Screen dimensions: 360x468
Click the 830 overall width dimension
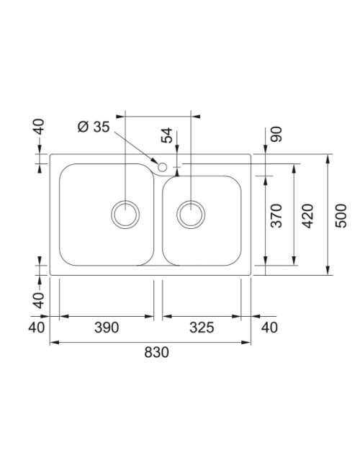pyautogui.click(x=156, y=352)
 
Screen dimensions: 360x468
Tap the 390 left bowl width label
pyautogui.click(x=107, y=328)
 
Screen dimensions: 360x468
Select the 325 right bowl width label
pyautogui.click(x=202, y=328)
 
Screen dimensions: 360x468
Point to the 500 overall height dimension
pyautogui.click(x=341, y=216)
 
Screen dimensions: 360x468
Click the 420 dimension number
pyautogui.click(x=307, y=216)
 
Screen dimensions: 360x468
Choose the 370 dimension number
pyautogui.click(x=276, y=216)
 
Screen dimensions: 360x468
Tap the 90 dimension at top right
pyautogui.click(x=276, y=135)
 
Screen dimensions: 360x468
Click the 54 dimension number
pyautogui.click(x=167, y=135)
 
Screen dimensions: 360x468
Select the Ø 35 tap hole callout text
pyautogui.click(x=94, y=127)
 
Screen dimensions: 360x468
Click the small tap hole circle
pyautogui.click(x=163, y=167)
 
